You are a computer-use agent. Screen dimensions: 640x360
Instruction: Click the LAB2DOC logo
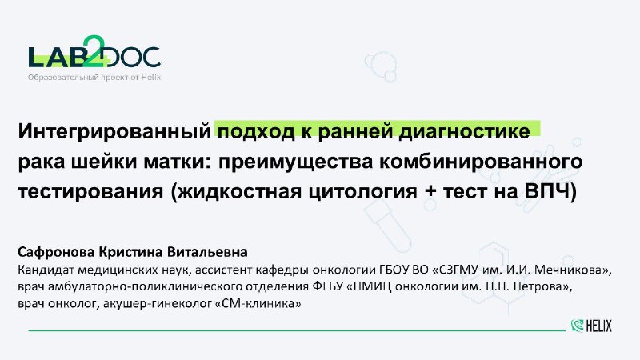pos(94,51)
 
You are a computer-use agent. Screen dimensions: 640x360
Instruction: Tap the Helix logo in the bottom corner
pos(591,326)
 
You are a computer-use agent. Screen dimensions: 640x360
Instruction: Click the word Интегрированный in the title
pos(114,132)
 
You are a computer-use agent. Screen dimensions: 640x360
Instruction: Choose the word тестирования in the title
pos(90,192)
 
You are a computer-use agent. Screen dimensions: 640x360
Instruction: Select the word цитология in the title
pos(363,192)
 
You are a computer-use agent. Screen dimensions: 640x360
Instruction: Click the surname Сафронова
pos(56,252)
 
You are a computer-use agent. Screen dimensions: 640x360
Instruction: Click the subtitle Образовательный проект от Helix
pos(94,77)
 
